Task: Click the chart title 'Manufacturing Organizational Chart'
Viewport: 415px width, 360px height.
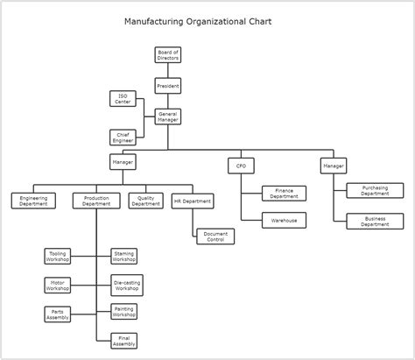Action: point(203,20)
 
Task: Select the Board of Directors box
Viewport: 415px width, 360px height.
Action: point(168,56)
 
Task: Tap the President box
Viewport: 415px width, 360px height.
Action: point(168,86)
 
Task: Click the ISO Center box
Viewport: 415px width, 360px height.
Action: point(123,98)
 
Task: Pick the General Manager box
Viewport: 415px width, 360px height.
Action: point(168,116)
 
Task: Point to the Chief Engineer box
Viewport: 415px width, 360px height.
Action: point(123,137)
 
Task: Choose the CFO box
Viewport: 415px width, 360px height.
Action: point(241,165)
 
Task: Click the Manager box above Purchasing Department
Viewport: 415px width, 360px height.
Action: point(334,165)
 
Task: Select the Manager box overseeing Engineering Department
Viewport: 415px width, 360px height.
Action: point(123,162)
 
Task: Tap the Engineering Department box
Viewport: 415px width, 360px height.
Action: point(34,201)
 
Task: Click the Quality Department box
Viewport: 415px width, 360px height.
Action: point(145,201)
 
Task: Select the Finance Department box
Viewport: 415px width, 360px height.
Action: point(284,193)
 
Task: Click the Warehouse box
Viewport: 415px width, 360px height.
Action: point(284,221)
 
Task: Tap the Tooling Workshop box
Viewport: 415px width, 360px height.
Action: point(58,256)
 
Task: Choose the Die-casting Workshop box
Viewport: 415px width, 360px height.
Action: point(126,285)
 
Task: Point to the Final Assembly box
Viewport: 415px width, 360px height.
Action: point(123,341)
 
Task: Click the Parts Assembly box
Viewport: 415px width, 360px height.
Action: point(58,314)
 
